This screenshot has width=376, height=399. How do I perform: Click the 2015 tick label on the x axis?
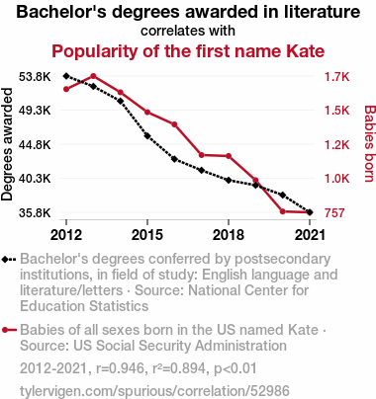click(x=147, y=235)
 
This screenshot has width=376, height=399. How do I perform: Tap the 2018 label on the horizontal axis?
click(x=229, y=235)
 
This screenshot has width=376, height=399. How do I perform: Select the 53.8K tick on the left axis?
click(x=35, y=77)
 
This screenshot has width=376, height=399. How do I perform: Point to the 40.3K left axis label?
click(x=35, y=179)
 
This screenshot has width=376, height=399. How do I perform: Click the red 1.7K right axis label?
click(x=336, y=77)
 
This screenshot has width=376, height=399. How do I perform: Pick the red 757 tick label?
click(x=334, y=213)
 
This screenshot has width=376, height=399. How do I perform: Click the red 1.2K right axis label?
click(x=336, y=144)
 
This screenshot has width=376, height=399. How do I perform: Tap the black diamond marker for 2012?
click(x=66, y=76)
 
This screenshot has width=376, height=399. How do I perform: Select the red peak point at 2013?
click(x=93, y=76)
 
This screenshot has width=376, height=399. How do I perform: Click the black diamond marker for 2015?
click(x=147, y=136)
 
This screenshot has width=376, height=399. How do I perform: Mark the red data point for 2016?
click(x=174, y=124)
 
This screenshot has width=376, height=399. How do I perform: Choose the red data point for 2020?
click(x=283, y=211)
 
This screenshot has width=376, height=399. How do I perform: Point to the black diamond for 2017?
click(x=202, y=170)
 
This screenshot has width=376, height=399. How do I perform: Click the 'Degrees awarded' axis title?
click(x=7, y=144)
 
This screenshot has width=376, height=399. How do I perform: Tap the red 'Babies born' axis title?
click(x=369, y=143)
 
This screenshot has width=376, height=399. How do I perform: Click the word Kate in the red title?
click(x=305, y=51)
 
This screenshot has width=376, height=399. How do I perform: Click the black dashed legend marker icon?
click(x=9, y=260)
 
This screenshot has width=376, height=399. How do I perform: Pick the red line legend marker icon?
click(x=9, y=330)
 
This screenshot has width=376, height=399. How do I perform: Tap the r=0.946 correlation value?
click(x=121, y=368)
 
